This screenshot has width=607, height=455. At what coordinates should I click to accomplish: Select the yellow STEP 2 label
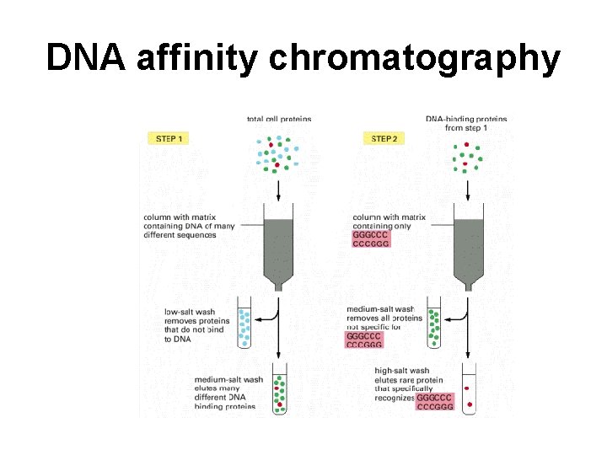(x=384, y=138)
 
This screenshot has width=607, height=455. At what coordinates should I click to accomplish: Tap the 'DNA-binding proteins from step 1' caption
(x=466, y=124)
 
